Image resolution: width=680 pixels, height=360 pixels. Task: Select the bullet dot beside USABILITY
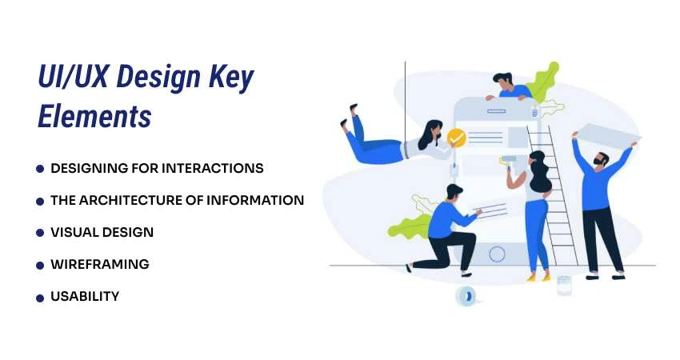click(x=40, y=297)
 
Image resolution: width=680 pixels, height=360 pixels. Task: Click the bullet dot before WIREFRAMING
click(x=40, y=265)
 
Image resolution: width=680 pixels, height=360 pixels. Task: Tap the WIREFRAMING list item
click(x=99, y=264)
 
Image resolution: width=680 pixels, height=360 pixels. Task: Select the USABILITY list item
click(x=85, y=296)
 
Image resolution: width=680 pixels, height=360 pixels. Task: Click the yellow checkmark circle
click(x=456, y=138)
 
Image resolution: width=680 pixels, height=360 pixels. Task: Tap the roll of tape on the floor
click(x=466, y=296)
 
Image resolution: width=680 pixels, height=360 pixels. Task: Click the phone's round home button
click(x=497, y=254)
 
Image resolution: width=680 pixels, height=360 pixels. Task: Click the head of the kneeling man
click(x=454, y=194)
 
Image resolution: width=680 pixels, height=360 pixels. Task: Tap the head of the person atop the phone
click(x=502, y=80)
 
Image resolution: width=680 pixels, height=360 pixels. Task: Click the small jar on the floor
click(x=564, y=286)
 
